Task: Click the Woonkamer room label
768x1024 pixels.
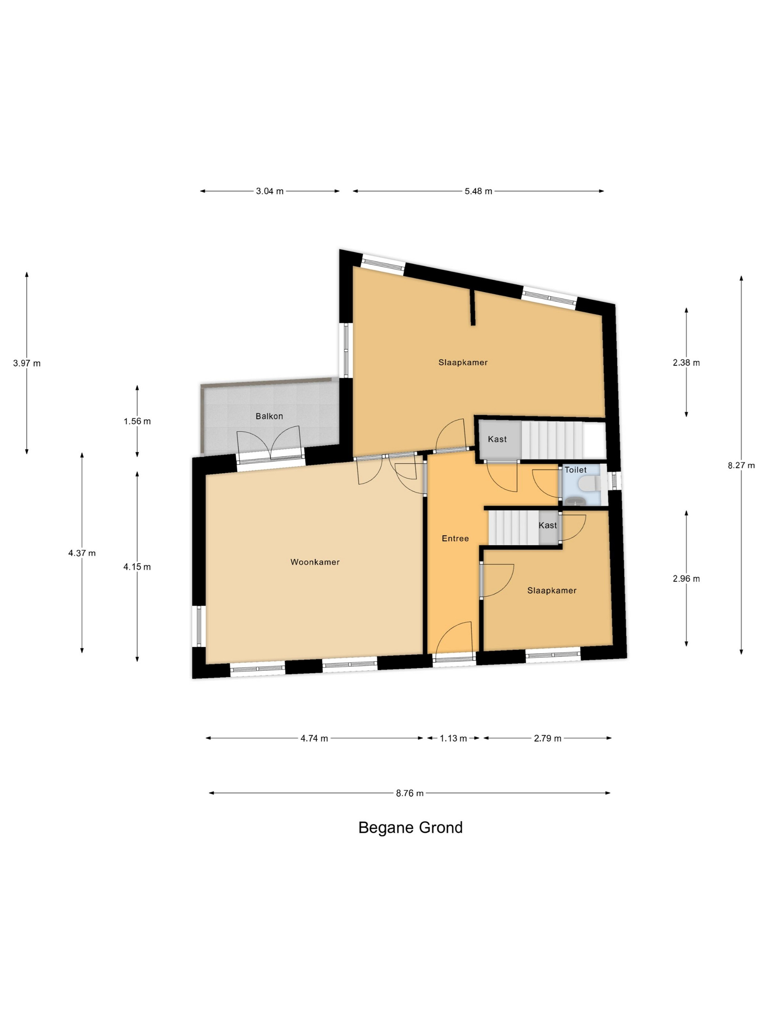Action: [x=315, y=562]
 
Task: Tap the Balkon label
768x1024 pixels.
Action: [x=269, y=416]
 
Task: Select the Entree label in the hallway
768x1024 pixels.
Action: [x=455, y=538]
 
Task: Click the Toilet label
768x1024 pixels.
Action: [x=575, y=470]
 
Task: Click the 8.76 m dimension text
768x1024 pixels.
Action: [x=410, y=793]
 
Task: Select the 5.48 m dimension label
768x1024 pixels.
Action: [x=478, y=191]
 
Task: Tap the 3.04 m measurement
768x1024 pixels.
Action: [x=270, y=191]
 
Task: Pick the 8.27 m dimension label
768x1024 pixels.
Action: [x=741, y=465]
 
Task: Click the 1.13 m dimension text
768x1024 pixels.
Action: [x=453, y=738]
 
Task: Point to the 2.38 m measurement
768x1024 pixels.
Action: [x=686, y=363]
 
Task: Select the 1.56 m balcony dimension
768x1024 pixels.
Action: [x=137, y=421]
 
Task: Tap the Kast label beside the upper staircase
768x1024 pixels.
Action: [x=497, y=439]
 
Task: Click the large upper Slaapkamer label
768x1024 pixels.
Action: [x=463, y=362]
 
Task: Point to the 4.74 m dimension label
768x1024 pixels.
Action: [x=314, y=738]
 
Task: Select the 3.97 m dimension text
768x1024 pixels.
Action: [x=27, y=364]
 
